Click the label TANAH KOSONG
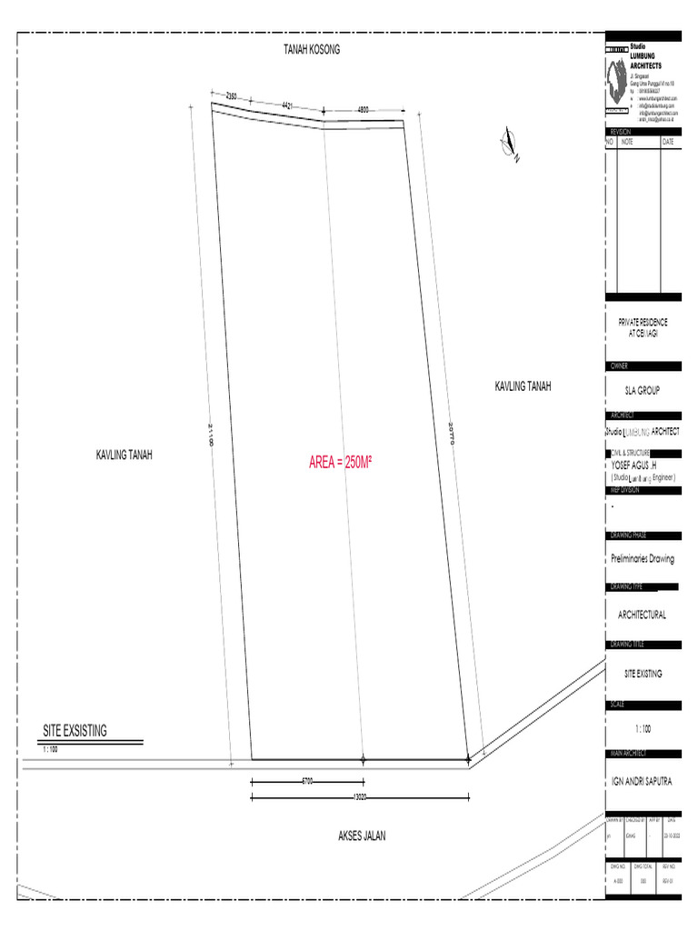[x=312, y=50]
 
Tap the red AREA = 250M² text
[x=341, y=463]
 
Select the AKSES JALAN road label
[x=362, y=836]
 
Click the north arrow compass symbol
[x=509, y=145]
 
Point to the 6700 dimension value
[x=307, y=781]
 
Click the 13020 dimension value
[x=360, y=798]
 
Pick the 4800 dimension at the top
[x=364, y=110]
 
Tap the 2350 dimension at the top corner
[x=231, y=96]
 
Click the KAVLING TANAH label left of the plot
[x=125, y=455]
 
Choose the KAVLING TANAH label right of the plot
[x=523, y=386]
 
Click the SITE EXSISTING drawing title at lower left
[x=75, y=730]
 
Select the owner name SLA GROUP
[x=643, y=391]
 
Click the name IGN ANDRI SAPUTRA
[x=642, y=781]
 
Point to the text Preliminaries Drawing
[x=643, y=559]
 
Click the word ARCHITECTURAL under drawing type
[x=643, y=616]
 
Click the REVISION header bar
[x=643, y=132]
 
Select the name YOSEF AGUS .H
[x=640, y=464]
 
